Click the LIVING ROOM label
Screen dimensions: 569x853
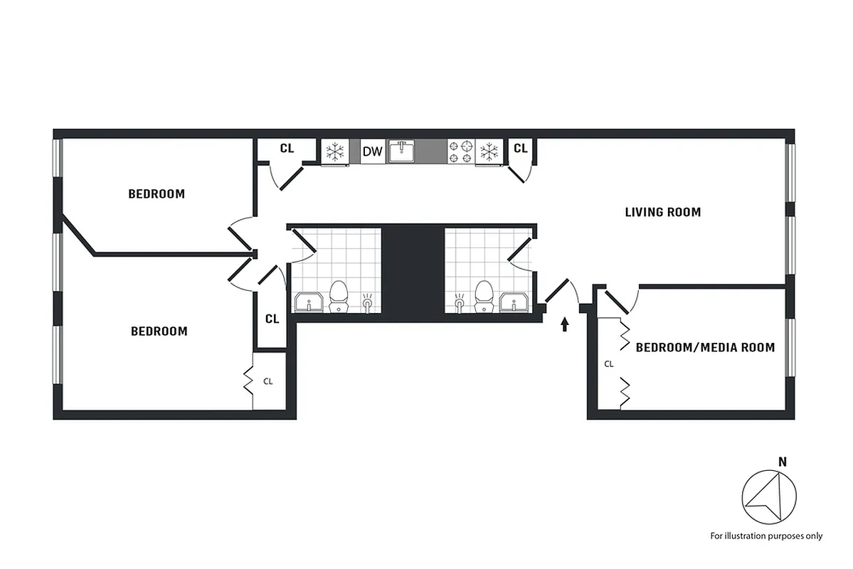click(x=662, y=212)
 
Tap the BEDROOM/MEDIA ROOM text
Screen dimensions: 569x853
click(x=704, y=348)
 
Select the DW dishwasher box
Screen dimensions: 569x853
click(x=373, y=151)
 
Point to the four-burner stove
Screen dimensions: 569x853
click(x=460, y=151)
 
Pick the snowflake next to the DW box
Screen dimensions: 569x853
click(x=334, y=151)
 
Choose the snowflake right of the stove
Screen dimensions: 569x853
click(x=489, y=151)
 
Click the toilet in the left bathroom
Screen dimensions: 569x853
click(x=338, y=297)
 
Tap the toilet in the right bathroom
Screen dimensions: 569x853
click(x=485, y=297)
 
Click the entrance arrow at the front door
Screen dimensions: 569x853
click(x=565, y=325)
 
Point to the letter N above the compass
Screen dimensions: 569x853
click(x=782, y=462)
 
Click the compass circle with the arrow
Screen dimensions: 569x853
click(x=769, y=497)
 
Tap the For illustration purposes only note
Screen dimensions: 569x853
click(x=766, y=536)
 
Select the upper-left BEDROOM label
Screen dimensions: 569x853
click(x=157, y=193)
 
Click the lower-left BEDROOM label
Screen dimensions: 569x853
click(x=159, y=331)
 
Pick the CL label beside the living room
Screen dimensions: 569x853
click(x=520, y=148)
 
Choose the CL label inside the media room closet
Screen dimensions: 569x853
click(x=609, y=363)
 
